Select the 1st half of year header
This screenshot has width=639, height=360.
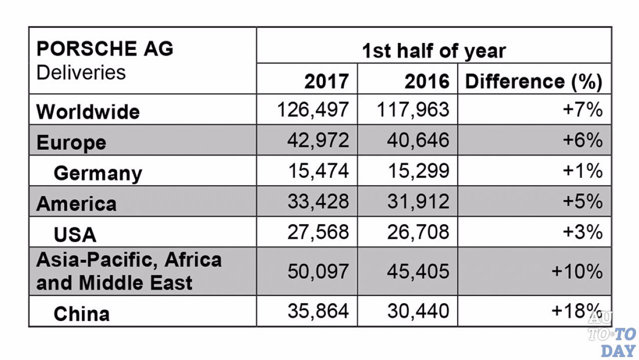[433, 51]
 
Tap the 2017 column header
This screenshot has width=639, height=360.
[326, 81]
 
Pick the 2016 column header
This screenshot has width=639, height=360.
[427, 81]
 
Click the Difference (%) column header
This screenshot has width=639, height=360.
[533, 81]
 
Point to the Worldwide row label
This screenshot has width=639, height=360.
[88, 111]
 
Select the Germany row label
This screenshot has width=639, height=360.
[98, 173]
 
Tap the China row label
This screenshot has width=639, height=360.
[81, 314]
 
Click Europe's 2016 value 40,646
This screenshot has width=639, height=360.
[418, 140]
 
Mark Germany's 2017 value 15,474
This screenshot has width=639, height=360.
[318, 171]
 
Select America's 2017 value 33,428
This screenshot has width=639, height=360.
[318, 202]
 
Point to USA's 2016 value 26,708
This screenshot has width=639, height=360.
[418, 232]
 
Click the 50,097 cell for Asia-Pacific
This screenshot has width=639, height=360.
[318, 271]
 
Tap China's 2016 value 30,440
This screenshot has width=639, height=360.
[418, 311]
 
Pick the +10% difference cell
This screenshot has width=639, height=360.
[577, 271]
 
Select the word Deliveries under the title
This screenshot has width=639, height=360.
[81, 72]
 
